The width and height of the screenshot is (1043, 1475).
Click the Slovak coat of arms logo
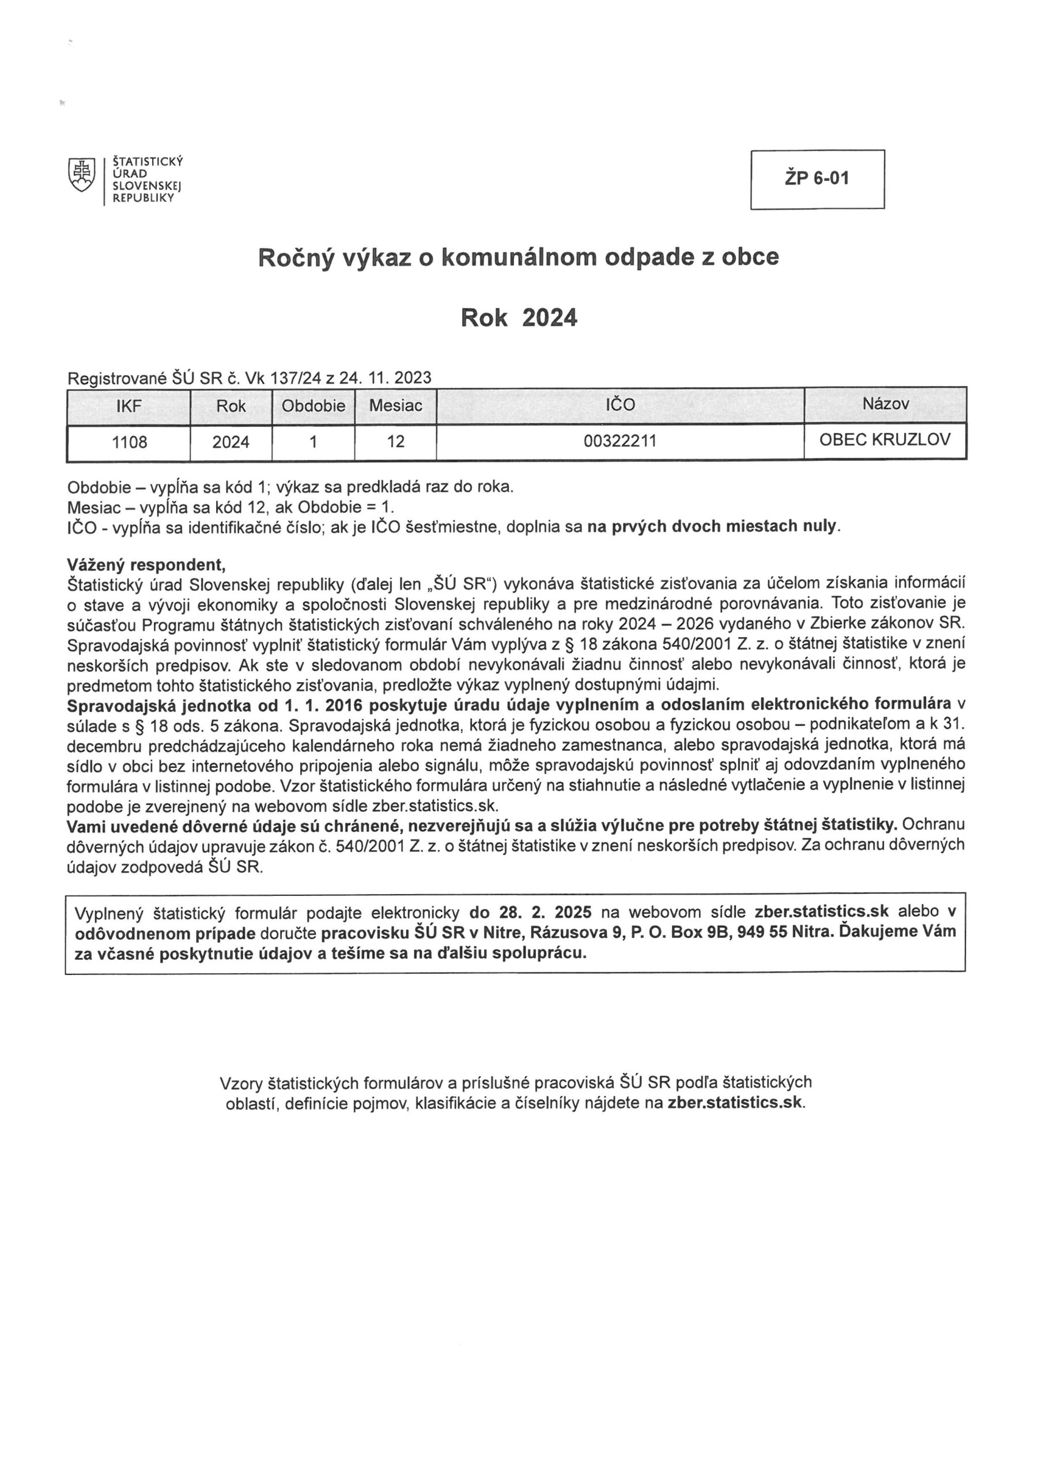coord(81,175)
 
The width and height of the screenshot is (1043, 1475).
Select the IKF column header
coord(129,406)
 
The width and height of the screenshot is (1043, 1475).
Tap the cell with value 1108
coord(129,442)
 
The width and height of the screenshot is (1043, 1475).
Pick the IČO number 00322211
coord(619,441)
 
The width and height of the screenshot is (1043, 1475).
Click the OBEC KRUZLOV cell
coord(885,440)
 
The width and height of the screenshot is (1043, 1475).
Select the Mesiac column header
coord(395,406)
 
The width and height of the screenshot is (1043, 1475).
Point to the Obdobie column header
coord(313,406)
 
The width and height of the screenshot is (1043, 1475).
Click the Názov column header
coord(885,404)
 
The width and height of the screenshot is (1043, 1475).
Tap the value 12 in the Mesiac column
coord(396,442)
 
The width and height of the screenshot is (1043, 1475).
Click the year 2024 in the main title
coord(550,318)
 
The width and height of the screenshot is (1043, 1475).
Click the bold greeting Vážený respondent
coord(146,565)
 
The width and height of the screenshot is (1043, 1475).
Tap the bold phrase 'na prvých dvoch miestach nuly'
coord(713,526)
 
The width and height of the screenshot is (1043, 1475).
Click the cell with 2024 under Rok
coord(230,442)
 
